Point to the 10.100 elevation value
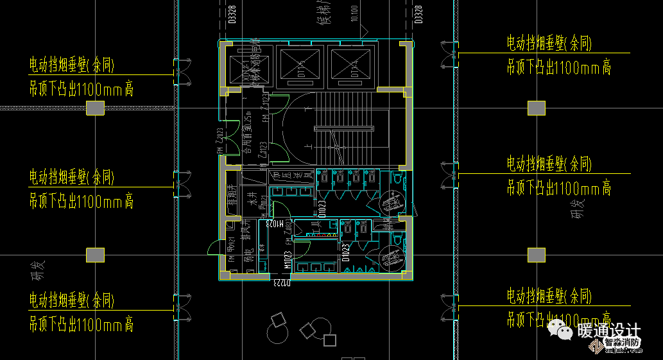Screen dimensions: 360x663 pos(354,13)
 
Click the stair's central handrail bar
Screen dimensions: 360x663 pos(344,129)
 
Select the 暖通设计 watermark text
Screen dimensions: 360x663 pos(608,331)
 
